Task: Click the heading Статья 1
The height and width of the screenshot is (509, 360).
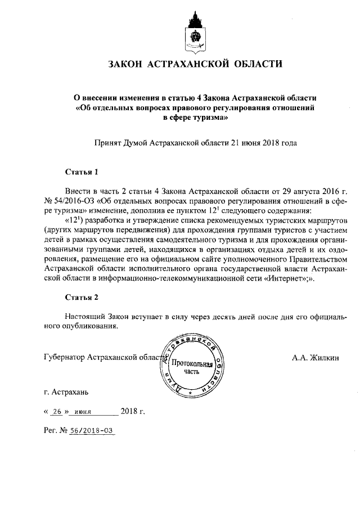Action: [x=82, y=172]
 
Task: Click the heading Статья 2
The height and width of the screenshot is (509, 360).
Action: [x=82, y=298]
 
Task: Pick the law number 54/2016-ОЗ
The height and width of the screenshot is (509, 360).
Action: [x=73, y=200]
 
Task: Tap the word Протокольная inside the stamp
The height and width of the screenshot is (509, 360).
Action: [x=191, y=364]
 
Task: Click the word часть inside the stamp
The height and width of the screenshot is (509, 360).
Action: [x=191, y=372]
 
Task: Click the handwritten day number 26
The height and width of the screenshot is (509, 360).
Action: [x=55, y=411]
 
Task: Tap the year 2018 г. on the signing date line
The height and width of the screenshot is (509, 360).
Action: [x=133, y=411]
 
